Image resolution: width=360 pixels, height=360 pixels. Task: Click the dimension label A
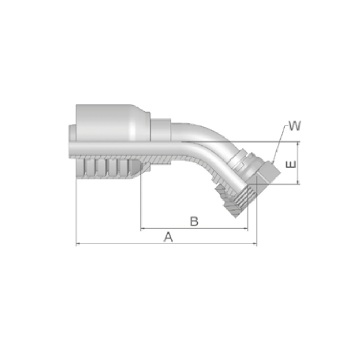[168, 237]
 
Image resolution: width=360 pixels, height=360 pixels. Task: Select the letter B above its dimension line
[194, 221]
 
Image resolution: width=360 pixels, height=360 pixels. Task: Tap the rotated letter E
[291, 164]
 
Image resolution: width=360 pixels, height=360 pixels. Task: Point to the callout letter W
[294, 126]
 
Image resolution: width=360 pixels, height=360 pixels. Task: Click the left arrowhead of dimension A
[78, 244]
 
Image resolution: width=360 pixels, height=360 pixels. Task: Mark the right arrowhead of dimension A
[255, 244]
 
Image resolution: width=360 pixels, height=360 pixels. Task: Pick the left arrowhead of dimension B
[143, 229]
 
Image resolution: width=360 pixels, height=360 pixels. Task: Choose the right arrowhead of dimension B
[246, 229]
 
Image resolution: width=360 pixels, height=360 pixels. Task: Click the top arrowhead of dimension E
[298, 144]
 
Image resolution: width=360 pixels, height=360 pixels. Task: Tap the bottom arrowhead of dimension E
[298, 182]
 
